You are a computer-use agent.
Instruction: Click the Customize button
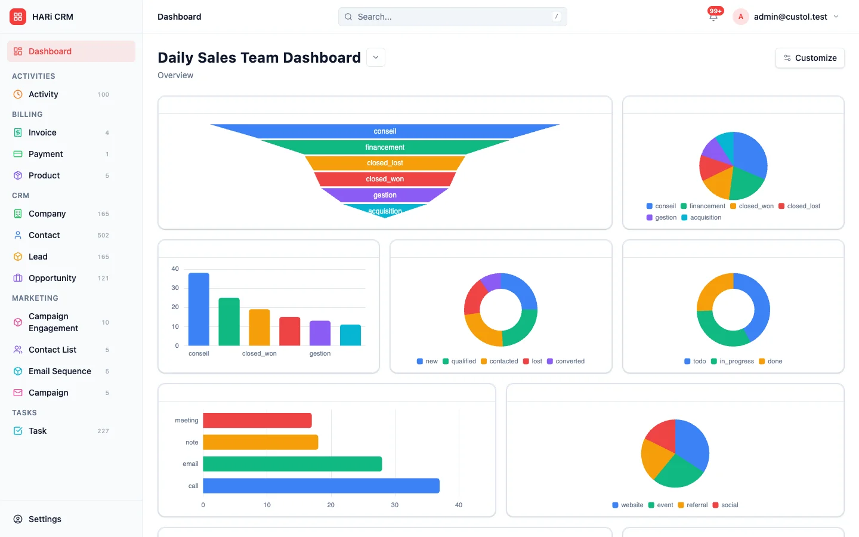point(809,58)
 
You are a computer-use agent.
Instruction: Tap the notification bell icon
point(713,17)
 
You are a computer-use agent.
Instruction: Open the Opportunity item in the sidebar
point(52,278)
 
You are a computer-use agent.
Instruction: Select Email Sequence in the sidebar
point(60,371)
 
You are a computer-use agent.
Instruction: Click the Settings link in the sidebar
point(45,519)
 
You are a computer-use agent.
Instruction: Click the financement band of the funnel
point(385,147)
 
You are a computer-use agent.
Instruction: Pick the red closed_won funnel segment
point(385,179)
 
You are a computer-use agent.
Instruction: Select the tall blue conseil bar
point(199,309)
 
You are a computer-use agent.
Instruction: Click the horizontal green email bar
point(292,464)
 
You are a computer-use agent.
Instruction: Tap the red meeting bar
point(257,421)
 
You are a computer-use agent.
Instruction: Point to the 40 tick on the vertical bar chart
point(175,269)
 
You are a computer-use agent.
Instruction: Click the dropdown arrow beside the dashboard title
point(376,57)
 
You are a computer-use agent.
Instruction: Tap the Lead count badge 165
point(103,257)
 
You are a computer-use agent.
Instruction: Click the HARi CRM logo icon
point(18,17)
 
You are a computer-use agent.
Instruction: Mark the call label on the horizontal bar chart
point(193,486)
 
